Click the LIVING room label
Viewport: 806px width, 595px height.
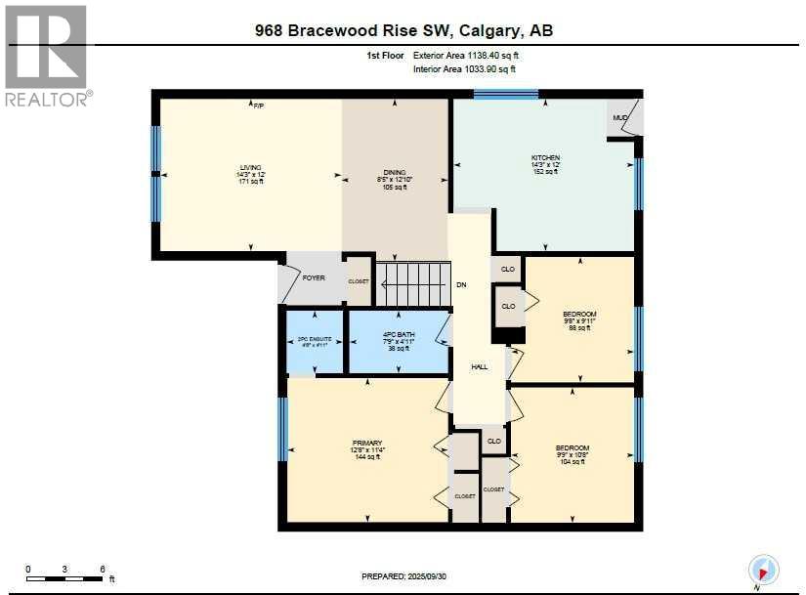(x=251, y=167)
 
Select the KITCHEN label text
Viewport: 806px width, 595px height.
(x=545, y=158)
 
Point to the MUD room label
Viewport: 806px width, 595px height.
(x=619, y=117)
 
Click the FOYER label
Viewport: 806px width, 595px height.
(x=313, y=278)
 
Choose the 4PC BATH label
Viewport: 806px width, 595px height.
(x=398, y=335)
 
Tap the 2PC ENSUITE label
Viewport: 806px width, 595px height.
(x=315, y=339)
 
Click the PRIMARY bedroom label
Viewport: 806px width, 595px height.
(x=366, y=443)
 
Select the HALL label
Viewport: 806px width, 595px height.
(x=480, y=367)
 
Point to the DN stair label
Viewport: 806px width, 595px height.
(x=461, y=285)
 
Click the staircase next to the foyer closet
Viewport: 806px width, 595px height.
(x=413, y=283)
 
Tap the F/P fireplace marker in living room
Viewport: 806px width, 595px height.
(x=259, y=106)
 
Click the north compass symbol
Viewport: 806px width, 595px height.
(x=762, y=569)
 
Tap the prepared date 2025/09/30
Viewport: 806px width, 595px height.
(x=439, y=576)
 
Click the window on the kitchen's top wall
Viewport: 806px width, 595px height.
(x=506, y=94)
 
